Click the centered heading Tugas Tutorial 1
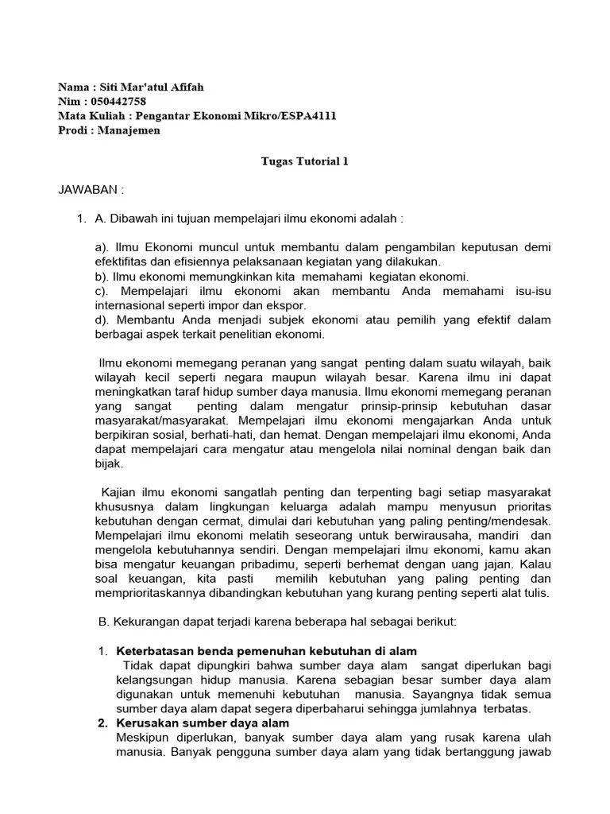pyautogui.click(x=305, y=161)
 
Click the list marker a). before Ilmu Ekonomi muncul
pyautogui.click(x=103, y=247)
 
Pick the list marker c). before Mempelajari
pyautogui.click(x=103, y=291)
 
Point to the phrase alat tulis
pyautogui.click(x=523, y=592)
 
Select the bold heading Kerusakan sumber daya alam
pyautogui.click(x=203, y=723)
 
